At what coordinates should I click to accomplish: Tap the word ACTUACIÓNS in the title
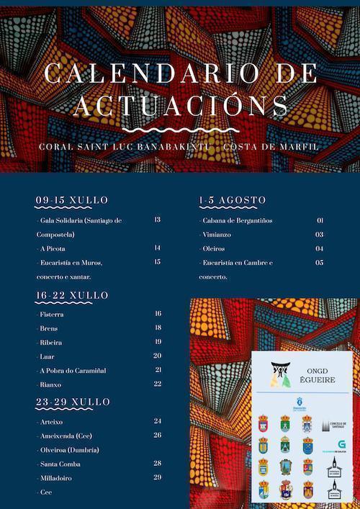tap(180, 105)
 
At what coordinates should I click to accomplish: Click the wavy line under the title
tap(180, 129)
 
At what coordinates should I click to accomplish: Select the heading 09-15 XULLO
tap(72, 199)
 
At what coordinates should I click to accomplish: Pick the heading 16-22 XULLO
tap(72, 295)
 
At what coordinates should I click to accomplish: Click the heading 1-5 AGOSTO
tap(232, 199)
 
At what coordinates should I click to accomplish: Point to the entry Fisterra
tap(51, 315)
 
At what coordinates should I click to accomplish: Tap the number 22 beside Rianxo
tap(158, 384)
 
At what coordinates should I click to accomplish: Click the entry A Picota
tap(53, 248)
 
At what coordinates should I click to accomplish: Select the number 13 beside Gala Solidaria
tap(158, 220)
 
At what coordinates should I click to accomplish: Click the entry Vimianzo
tap(217, 235)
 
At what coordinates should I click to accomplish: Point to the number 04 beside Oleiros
tap(320, 248)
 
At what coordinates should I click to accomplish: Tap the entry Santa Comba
tap(59, 463)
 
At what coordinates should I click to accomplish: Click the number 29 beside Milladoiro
tap(158, 477)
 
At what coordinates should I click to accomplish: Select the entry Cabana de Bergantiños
tap(233, 220)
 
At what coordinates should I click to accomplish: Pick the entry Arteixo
tap(52, 421)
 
